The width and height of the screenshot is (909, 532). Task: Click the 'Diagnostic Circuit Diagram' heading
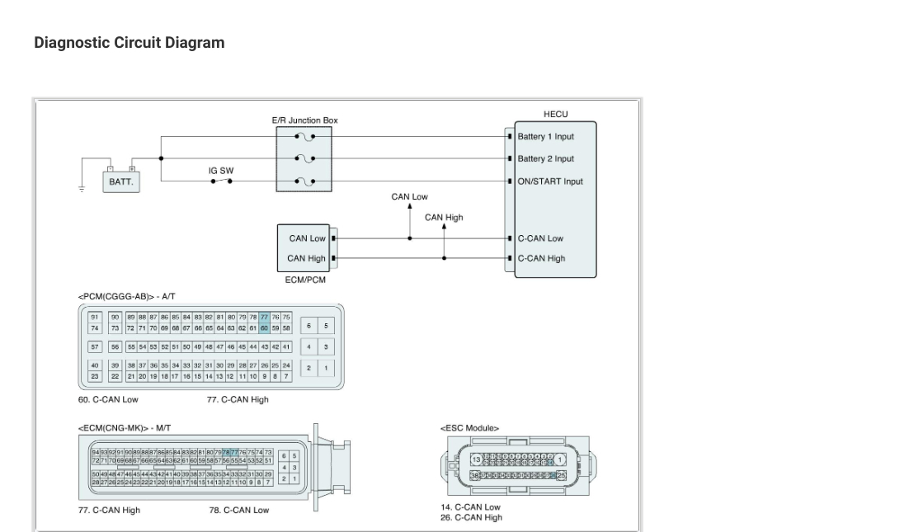(x=129, y=43)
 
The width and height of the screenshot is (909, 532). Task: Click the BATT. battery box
(x=121, y=181)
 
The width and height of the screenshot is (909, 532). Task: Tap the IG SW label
(x=220, y=171)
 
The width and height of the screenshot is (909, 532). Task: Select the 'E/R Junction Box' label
(x=304, y=120)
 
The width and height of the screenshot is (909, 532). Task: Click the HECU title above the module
(x=555, y=114)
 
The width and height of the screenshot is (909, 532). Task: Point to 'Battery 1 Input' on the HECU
(x=545, y=137)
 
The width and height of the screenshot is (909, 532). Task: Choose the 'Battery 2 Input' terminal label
(x=545, y=159)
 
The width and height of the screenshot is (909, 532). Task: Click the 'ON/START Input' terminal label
(x=549, y=181)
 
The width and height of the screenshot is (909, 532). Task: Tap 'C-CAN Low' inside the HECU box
(x=540, y=238)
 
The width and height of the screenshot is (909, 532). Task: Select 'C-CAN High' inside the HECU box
(x=541, y=258)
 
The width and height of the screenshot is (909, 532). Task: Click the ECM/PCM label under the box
(x=305, y=280)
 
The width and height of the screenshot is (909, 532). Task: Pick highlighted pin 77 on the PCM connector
(x=264, y=318)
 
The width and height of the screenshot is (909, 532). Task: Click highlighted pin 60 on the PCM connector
(x=264, y=327)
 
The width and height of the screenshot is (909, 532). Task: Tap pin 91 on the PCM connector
(x=95, y=318)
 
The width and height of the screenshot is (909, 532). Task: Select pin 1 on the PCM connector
(x=326, y=368)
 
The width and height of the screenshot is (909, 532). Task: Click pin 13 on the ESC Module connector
(x=476, y=459)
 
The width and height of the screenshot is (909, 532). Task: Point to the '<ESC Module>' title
(x=469, y=428)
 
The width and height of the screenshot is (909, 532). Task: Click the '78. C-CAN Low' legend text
(x=238, y=510)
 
